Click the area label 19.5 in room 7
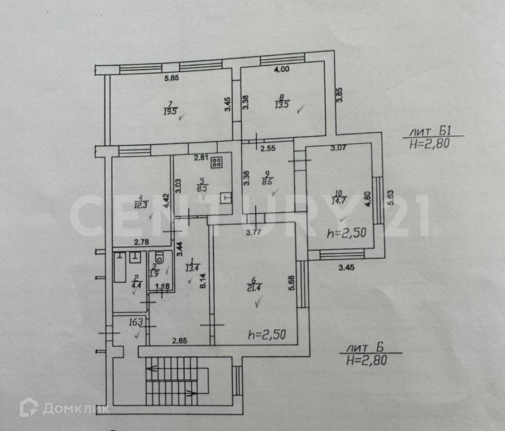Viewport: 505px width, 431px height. coord(170,111)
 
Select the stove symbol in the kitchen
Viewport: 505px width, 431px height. coord(217,162)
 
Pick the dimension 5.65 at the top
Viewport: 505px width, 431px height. coord(172,78)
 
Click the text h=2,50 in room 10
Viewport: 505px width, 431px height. coord(347,233)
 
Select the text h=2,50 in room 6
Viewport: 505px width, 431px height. coord(267,334)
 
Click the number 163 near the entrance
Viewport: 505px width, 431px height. coord(136,322)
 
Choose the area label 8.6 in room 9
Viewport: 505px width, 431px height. coord(268,183)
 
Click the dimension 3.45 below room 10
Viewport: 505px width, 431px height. coord(346,268)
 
